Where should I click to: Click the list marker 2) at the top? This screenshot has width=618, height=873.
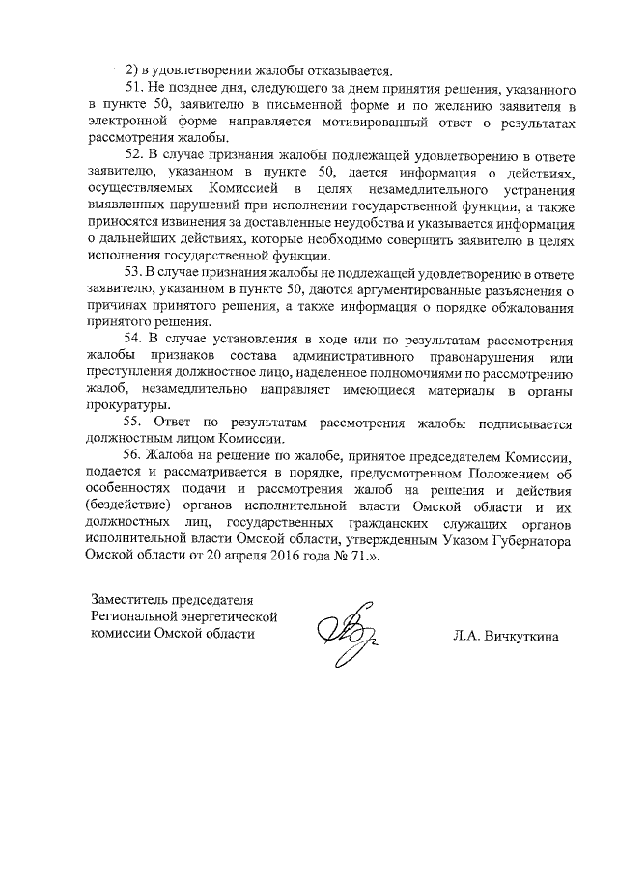pyautogui.click(x=133, y=69)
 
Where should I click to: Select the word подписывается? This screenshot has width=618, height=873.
pyautogui.click(x=521, y=424)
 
